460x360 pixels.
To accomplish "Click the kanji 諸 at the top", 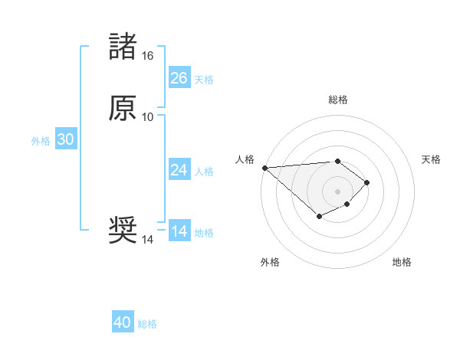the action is point(123,47).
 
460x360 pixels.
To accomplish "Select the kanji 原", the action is point(123,108).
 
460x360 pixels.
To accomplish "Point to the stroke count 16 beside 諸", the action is point(147,56).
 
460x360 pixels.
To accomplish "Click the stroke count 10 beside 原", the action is point(147,117).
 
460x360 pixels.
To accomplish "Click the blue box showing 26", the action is point(179,78).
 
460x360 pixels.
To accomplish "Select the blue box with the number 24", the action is point(179,170).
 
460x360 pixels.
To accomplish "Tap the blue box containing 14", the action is point(179,231).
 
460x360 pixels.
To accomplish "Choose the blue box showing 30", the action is point(65,139).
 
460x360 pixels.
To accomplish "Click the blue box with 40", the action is point(123,322).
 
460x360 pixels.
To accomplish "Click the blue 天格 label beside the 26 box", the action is point(203,80).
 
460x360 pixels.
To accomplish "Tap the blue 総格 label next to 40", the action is point(147,324).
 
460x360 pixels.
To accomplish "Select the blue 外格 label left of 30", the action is point(41,141).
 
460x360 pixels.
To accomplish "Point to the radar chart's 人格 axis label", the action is point(245,159).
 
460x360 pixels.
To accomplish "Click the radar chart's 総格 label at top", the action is point(338,100).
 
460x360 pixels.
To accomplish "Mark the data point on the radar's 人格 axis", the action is point(264,168).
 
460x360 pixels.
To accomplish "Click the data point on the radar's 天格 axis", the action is point(368,182).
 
